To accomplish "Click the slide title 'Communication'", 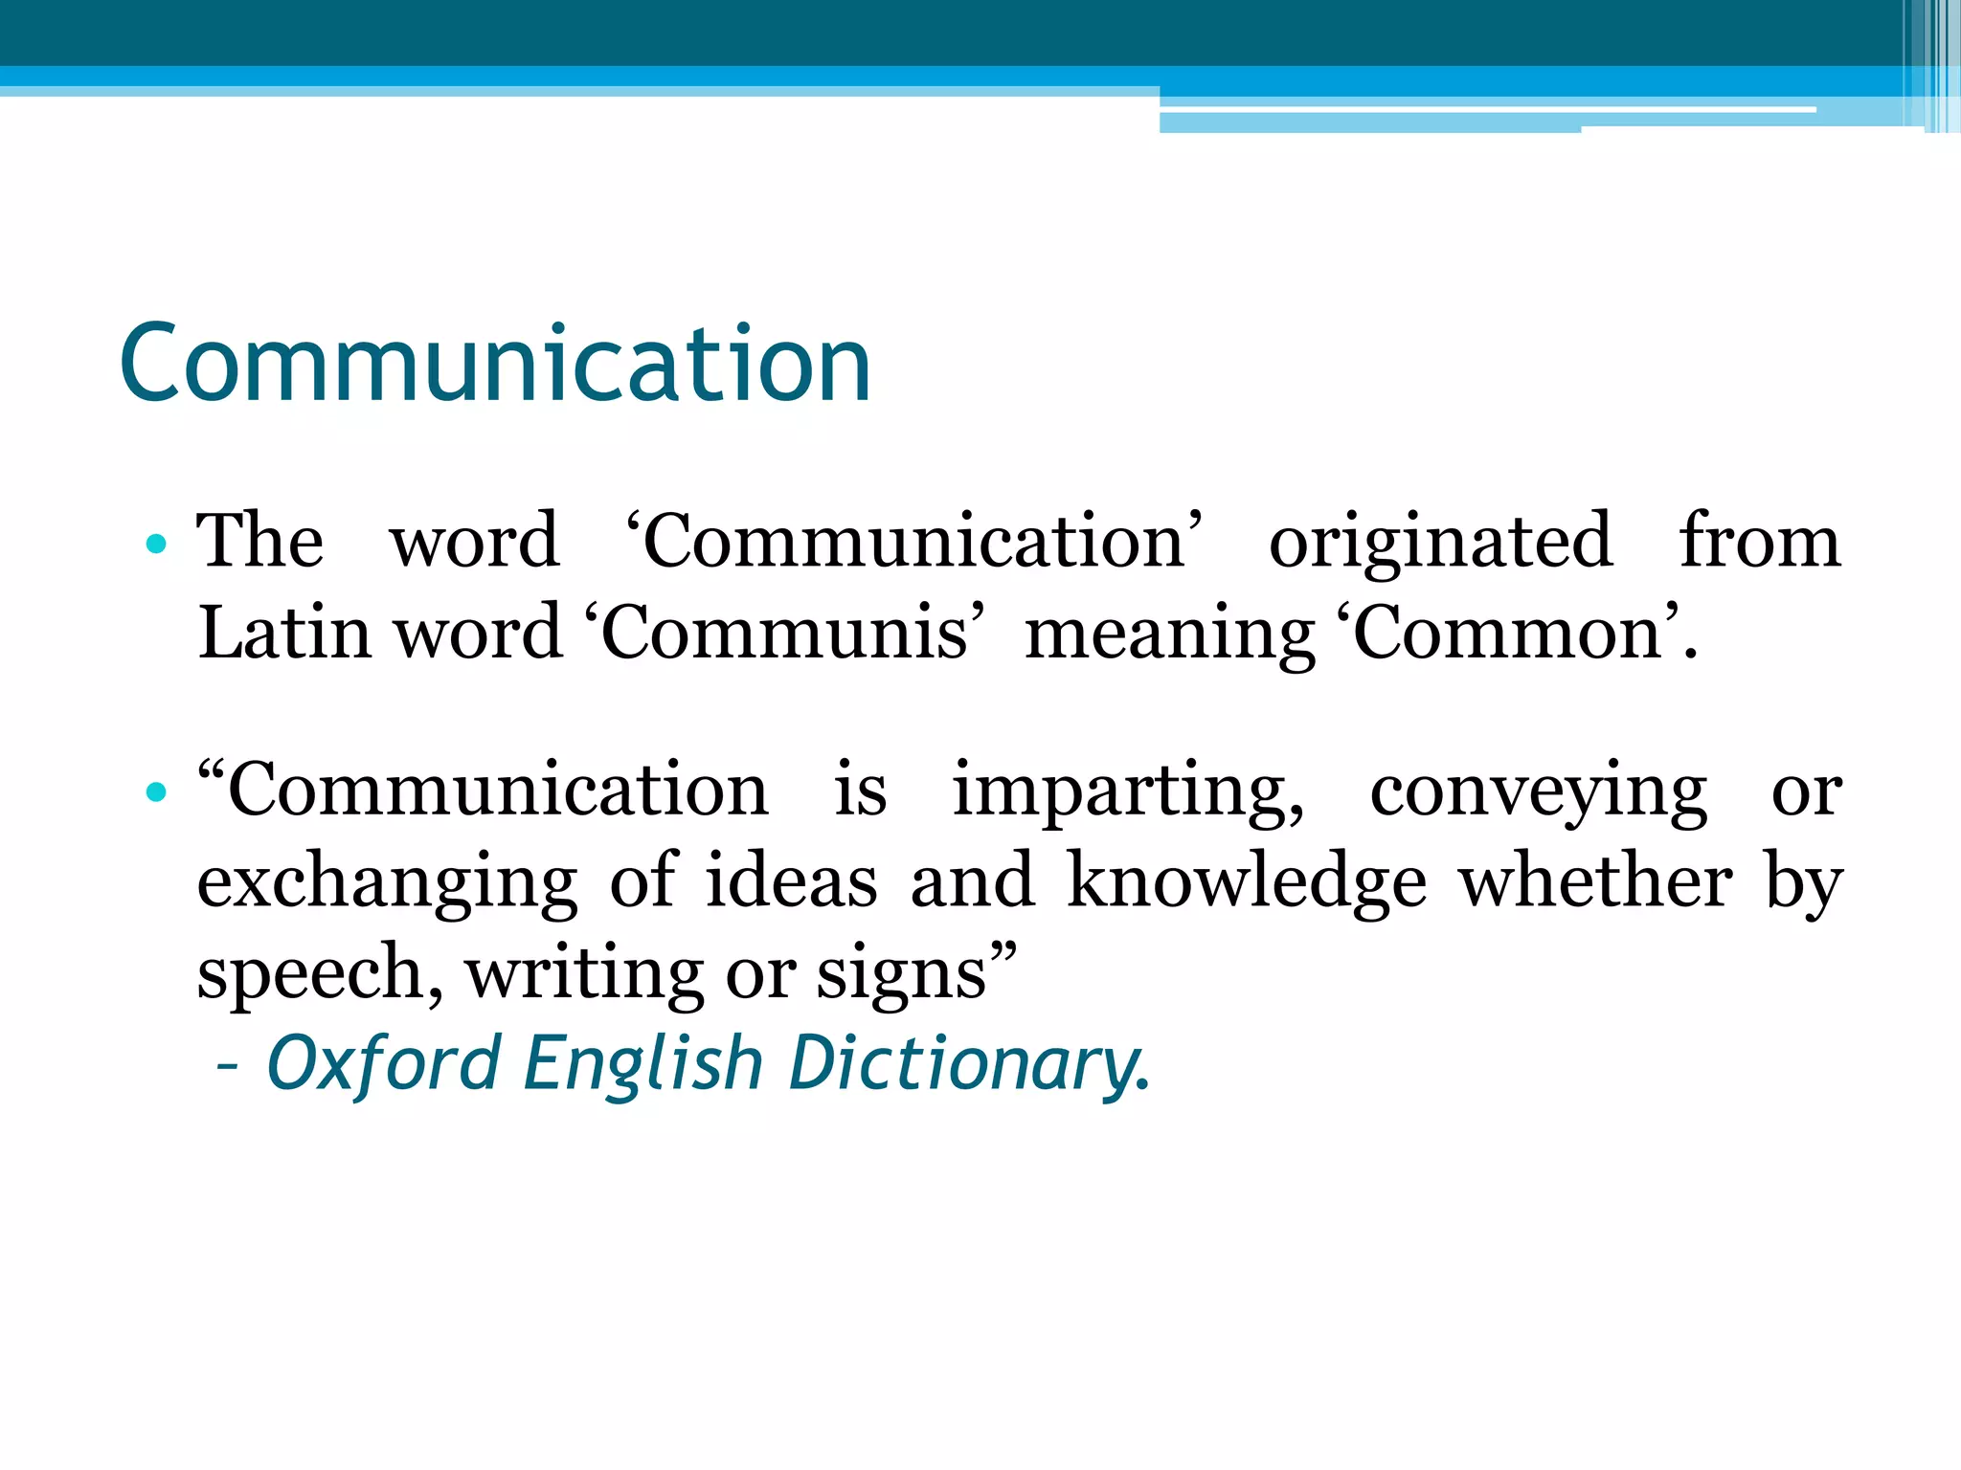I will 495,365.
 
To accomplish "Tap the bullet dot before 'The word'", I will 156,546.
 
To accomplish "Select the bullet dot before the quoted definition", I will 156,792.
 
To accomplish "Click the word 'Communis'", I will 785,634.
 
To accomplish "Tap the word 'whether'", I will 1595,880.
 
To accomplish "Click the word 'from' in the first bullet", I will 1760,542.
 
